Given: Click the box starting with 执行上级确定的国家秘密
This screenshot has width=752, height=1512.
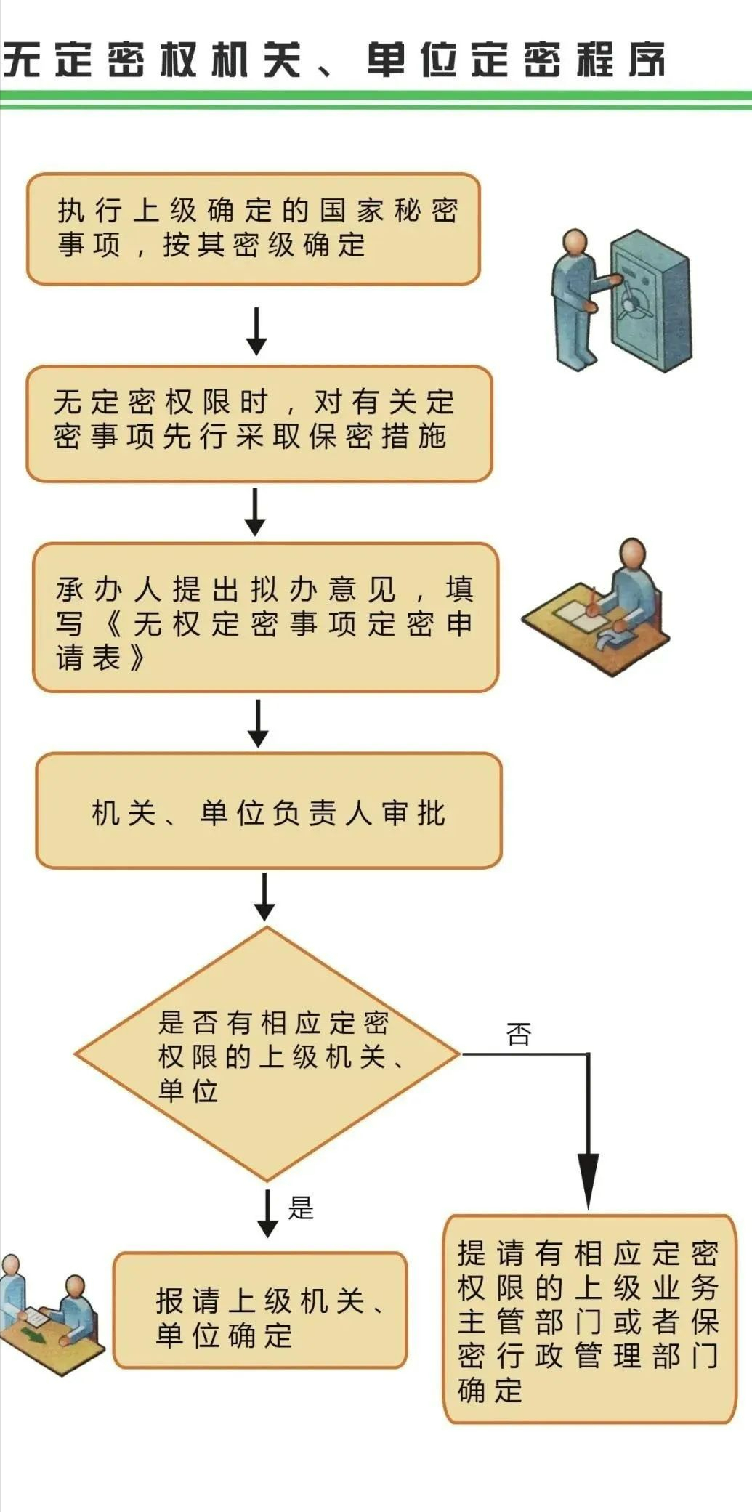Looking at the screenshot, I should [254, 229].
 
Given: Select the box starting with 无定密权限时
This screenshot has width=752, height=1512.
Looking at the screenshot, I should [259, 424].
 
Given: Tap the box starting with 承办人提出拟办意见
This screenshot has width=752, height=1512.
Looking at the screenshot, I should [265, 617].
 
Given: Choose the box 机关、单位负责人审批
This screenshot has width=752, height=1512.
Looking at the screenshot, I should [269, 811].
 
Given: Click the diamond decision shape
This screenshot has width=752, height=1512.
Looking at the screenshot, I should [267, 1054].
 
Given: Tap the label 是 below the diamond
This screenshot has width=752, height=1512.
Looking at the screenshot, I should [300, 1208].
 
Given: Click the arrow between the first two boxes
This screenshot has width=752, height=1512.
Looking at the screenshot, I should [256, 331].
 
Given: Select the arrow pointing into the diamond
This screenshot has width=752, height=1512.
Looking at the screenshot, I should [264, 898].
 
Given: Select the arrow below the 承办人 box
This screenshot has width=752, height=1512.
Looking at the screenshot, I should [258, 723].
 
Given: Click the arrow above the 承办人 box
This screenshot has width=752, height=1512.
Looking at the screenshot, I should [255, 512].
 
